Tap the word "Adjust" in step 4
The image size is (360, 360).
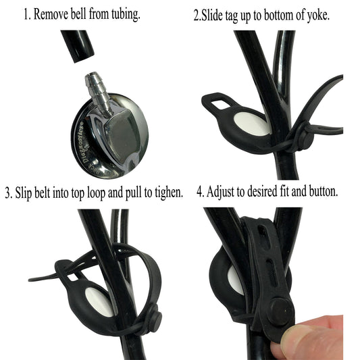point(232,192)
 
